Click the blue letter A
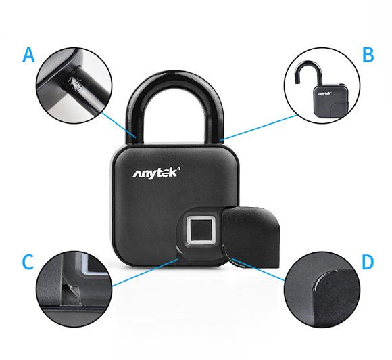pyautogui.click(x=28, y=55)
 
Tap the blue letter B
pyautogui.click(x=368, y=55)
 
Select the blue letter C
pyautogui.click(x=28, y=262)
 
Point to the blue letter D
pyautogui.click(x=368, y=262)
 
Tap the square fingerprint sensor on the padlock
pyautogui.click(x=201, y=230)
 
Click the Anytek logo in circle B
pyautogui.click(x=324, y=93)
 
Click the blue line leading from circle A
pyautogui.click(x=119, y=125)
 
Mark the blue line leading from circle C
pyautogui.click(x=145, y=273)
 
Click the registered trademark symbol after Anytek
pyautogui.click(x=178, y=168)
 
